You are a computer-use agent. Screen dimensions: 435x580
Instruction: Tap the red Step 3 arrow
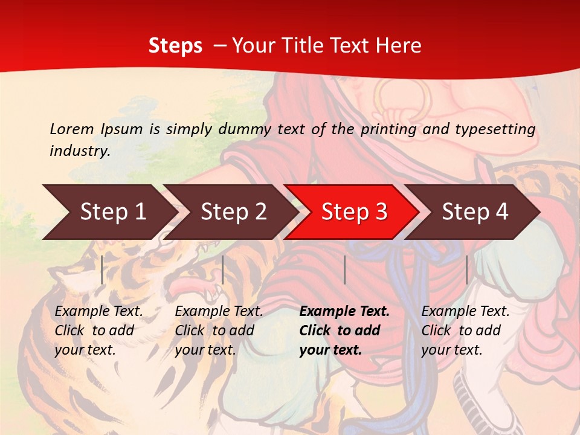pos(354,212)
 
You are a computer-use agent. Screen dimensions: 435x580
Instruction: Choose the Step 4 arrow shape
pos(475,212)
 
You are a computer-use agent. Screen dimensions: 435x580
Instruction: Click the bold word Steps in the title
pos(175,46)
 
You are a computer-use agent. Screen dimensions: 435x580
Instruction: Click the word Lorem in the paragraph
pos(71,129)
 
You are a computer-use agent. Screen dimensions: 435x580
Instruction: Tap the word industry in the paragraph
pos(79,150)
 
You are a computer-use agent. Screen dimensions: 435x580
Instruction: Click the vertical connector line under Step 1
pos(102,269)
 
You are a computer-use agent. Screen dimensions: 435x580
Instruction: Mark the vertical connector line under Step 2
pos(223,269)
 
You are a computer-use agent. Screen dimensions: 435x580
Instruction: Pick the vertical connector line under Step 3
pos(344,269)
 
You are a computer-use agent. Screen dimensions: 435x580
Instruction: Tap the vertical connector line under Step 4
pos(466,269)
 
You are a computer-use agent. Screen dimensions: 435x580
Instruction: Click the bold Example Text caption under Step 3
pos(344,330)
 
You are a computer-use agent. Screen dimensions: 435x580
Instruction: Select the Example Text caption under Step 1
pos(98,330)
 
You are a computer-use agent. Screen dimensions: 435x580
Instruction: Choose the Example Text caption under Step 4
pos(465,330)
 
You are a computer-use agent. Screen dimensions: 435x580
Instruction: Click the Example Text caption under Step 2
pos(219,330)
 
